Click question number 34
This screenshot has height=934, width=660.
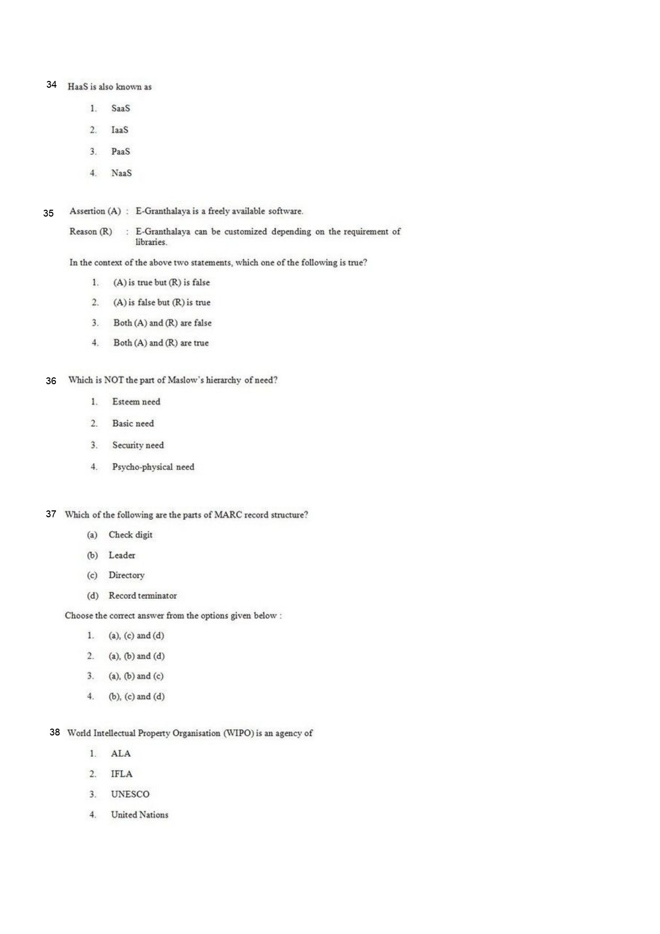click(x=52, y=85)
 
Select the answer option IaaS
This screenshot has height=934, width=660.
click(x=120, y=130)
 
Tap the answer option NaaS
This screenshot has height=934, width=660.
click(x=121, y=173)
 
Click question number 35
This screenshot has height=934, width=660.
click(x=48, y=213)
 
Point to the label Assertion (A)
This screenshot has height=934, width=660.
click(x=95, y=211)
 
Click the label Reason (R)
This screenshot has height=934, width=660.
click(x=91, y=232)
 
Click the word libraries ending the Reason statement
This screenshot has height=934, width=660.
click(x=151, y=242)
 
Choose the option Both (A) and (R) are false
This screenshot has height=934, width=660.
click(x=162, y=323)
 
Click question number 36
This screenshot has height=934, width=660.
click(x=51, y=381)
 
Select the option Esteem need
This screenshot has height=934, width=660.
click(x=136, y=402)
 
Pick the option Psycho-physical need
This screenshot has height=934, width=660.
click(x=153, y=467)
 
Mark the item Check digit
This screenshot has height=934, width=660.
click(x=130, y=535)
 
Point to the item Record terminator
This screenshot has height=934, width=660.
click(x=143, y=596)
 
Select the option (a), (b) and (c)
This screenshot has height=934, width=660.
click(x=136, y=676)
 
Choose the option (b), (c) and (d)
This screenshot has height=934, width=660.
click(x=137, y=696)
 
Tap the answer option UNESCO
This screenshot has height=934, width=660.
click(x=130, y=794)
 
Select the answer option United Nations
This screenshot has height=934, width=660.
click(x=139, y=814)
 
